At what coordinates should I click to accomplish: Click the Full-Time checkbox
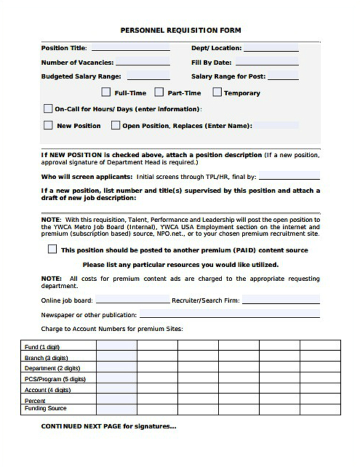[106, 92]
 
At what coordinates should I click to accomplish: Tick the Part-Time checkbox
[159, 92]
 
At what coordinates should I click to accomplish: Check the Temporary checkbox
[217, 92]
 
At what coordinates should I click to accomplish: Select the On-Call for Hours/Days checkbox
[48, 108]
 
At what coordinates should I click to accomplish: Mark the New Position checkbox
[48, 125]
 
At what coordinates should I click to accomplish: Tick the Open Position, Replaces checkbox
[115, 125]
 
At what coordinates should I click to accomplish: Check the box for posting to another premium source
[52, 249]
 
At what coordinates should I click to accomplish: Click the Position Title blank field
[130, 48]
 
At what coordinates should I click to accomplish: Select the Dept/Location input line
[271, 48]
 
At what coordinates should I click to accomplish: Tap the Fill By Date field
[267, 62]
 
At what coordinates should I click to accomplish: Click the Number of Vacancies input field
[142, 62]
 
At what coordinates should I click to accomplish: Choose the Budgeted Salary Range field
[148, 76]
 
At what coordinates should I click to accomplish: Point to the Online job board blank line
[132, 300]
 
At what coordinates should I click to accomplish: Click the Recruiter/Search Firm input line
[281, 300]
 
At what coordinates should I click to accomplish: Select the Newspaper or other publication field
[229, 314]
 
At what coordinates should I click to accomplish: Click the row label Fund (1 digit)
[42, 347]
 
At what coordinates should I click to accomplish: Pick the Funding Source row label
[45, 408]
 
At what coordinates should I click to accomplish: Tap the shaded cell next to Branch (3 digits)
[116, 357]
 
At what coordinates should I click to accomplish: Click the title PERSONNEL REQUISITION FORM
[180, 30]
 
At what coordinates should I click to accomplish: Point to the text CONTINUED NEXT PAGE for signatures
[108, 426]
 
